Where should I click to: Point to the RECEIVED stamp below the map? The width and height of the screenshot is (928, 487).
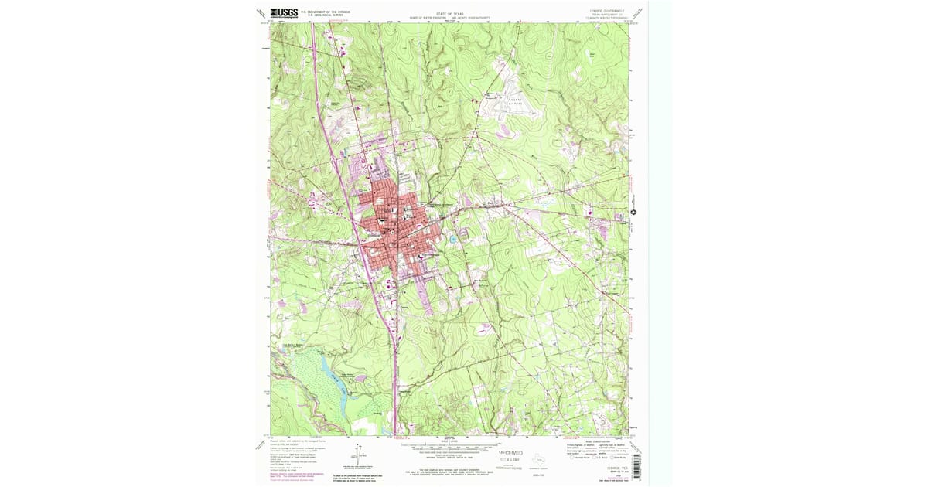coord(510,452)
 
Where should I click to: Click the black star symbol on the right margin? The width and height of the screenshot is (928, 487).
coord(634,213)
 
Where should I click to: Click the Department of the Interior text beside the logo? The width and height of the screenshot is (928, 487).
coord(325,12)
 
